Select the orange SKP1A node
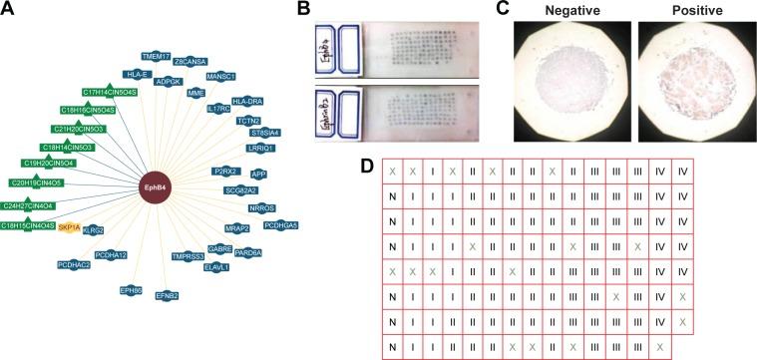pos(69,227)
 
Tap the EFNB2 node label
pos(167,295)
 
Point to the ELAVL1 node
pos(215,267)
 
